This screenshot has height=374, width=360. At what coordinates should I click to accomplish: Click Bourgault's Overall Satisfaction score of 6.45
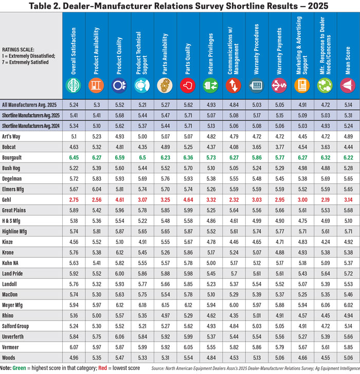coord(74,157)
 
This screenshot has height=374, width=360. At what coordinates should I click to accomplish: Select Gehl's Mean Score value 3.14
coord(348,200)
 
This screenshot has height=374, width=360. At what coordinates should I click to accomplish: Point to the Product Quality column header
coord(119,56)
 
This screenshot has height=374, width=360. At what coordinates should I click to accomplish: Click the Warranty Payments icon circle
coord(279,85)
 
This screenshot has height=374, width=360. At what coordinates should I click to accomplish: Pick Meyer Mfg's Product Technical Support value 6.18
coord(142,305)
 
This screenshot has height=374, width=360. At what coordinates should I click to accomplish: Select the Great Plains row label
coord(14,210)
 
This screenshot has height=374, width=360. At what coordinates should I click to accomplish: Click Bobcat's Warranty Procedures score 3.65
coord(257,147)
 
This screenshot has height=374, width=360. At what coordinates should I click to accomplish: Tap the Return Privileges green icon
coord(210,85)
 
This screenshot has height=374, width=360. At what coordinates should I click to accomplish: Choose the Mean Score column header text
coord(348,60)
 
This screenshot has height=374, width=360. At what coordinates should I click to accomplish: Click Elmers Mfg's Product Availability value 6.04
coord(97,189)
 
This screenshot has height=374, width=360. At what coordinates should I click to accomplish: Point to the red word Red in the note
coord(102,368)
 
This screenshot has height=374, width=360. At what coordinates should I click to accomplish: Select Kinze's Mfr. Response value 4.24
coord(325,242)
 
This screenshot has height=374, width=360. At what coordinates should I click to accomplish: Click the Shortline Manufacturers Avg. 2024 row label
coord(31,126)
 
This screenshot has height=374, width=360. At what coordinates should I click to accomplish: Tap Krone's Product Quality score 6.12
coord(119,253)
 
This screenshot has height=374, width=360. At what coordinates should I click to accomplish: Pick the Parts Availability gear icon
coord(165,85)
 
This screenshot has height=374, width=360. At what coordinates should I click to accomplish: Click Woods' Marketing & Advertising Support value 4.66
coord(302,358)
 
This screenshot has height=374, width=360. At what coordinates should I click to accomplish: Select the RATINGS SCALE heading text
coord(18,49)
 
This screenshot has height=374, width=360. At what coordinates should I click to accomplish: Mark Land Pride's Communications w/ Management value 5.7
coord(234,273)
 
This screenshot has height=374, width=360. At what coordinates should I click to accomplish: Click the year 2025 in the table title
coord(318,6)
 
